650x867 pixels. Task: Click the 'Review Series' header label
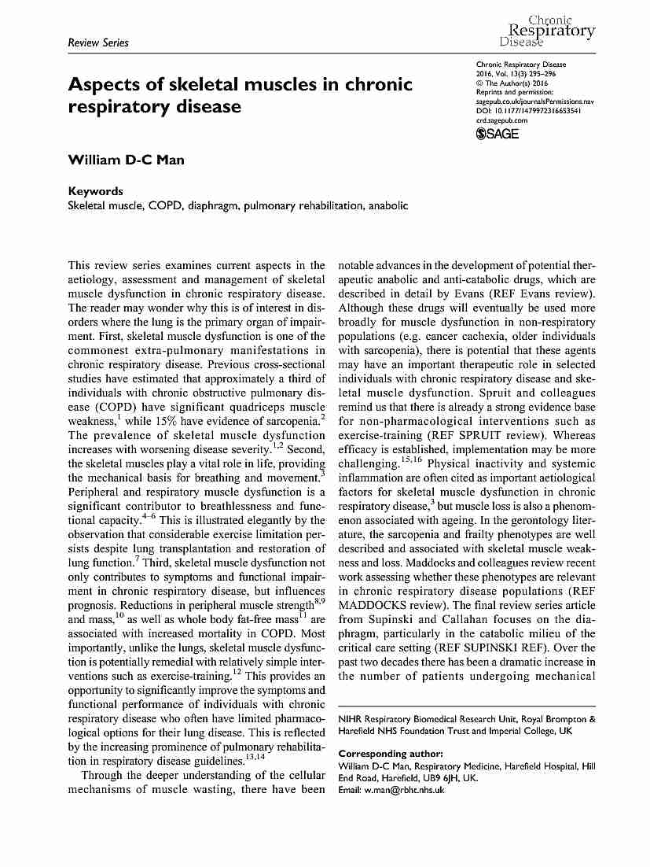(98, 42)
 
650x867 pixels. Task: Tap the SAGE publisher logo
(498, 134)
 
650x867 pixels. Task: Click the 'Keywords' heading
(96, 191)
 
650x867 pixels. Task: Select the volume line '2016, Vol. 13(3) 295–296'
(519, 74)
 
